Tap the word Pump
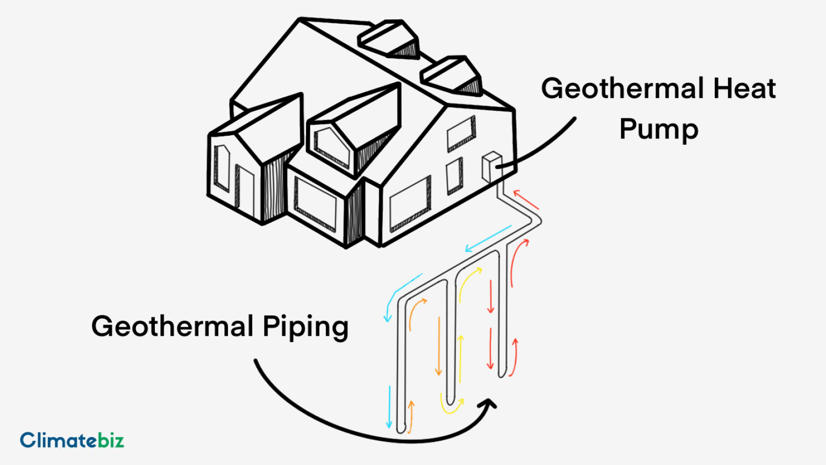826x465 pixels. (x=659, y=130)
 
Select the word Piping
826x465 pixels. (x=305, y=327)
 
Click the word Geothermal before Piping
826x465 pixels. (x=173, y=326)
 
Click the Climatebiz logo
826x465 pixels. (x=72, y=440)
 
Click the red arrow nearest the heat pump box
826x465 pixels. (x=526, y=199)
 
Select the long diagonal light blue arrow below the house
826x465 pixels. (x=488, y=238)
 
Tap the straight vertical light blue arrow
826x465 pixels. (x=389, y=407)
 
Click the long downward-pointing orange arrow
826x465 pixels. (x=439, y=346)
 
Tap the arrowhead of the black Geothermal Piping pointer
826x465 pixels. (x=490, y=404)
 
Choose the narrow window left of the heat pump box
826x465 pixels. (x=454, y=175)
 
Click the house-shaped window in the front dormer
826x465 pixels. (x=332, y=145)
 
